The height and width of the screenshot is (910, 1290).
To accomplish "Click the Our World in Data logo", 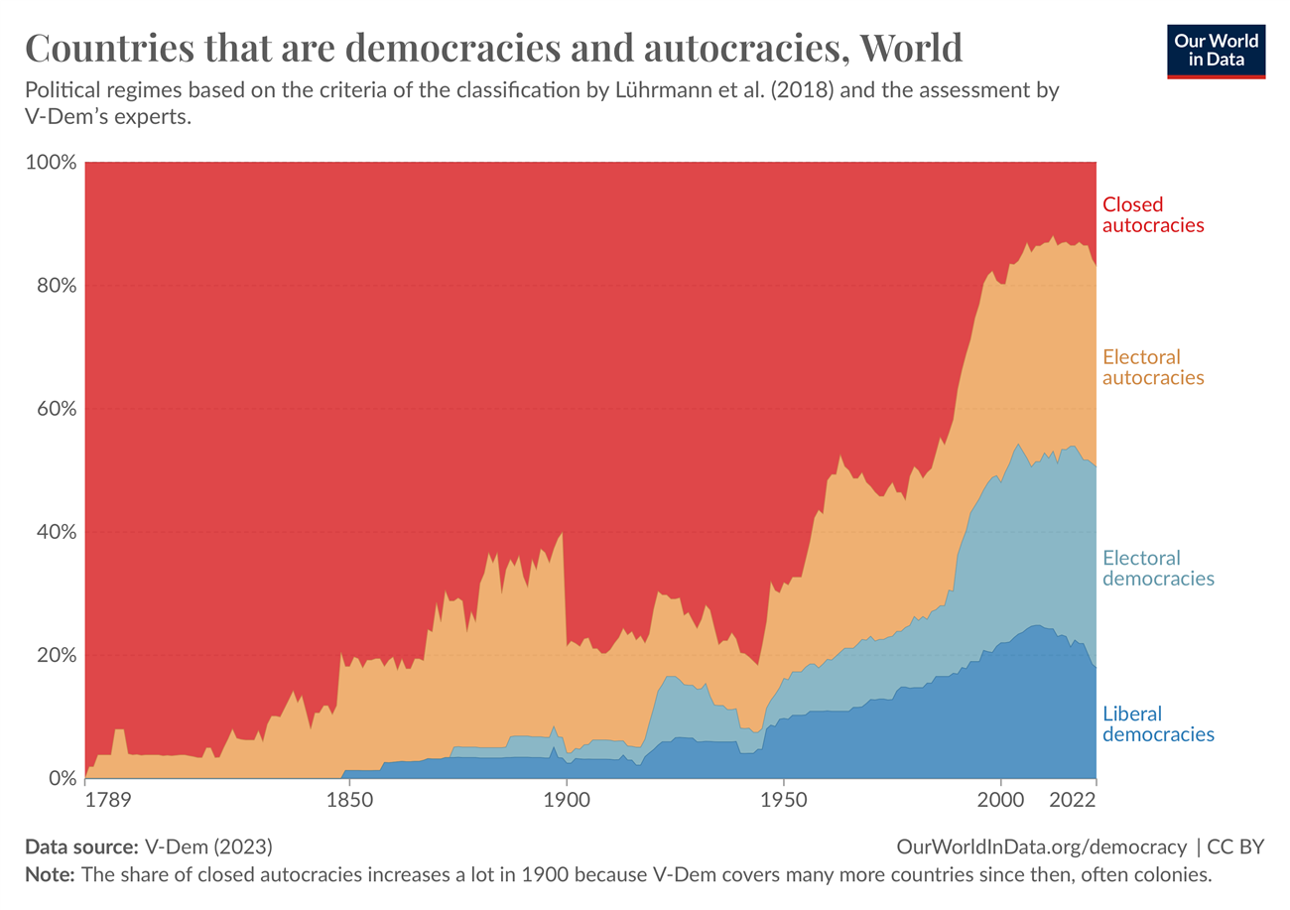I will coord(1217,50).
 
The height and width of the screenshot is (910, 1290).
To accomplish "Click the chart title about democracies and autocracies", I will coord(492,48).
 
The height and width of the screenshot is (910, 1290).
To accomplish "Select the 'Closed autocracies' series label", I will coord(1153,214).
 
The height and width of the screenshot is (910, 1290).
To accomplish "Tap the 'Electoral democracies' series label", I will coord(1158,568).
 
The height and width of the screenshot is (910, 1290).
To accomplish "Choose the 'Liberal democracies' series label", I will coord(1158,724).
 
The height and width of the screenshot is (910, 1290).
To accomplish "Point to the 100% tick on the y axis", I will coord(50,162).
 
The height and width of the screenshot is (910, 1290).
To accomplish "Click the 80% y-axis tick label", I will coord(54,286).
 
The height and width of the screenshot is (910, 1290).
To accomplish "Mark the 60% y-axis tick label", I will coord(54,409).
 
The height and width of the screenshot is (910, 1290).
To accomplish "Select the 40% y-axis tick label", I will coord(54,533).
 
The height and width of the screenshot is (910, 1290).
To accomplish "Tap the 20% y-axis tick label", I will coord(54,656).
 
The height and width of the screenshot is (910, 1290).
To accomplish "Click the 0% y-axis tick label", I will coord(60,779).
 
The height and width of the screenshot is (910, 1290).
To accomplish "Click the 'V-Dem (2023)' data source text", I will coord(207,846).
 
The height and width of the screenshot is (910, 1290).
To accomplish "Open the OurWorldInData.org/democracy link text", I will coord(1041,846).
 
